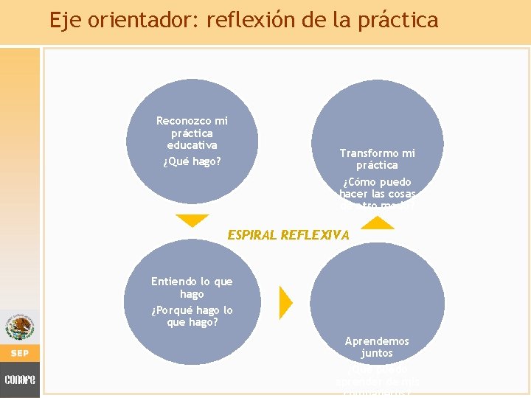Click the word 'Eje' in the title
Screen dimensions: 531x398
point(65,20)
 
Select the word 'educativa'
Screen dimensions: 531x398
point(192,145)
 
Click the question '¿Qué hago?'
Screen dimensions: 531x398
point(192,161)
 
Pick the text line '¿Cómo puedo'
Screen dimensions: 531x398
point(377,181)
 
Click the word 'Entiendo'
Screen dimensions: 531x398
point(173,282)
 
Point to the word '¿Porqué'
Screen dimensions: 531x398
point(175,310)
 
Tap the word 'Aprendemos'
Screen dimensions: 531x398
point(376,341)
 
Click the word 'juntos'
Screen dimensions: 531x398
point(376,354)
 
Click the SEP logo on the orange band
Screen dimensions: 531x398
point(19,353)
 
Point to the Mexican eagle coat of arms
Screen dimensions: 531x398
point(19,327)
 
